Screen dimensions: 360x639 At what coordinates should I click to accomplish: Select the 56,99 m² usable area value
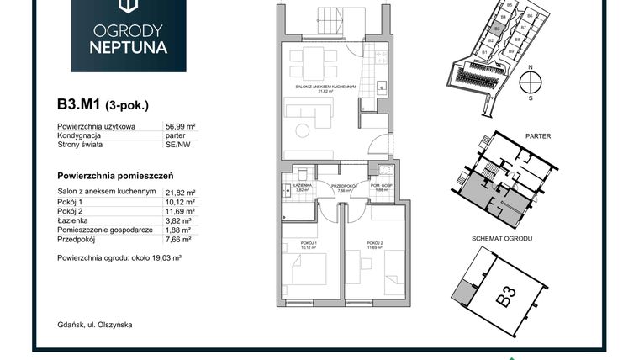[179, 126]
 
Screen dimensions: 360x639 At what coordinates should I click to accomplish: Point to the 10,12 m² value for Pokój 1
[179, 202]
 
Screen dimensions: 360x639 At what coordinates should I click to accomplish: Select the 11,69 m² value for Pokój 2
[179, 210]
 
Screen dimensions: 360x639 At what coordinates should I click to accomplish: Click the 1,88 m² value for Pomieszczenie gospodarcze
[177, 229]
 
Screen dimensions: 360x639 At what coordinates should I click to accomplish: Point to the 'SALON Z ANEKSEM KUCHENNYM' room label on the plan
[333, 87]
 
